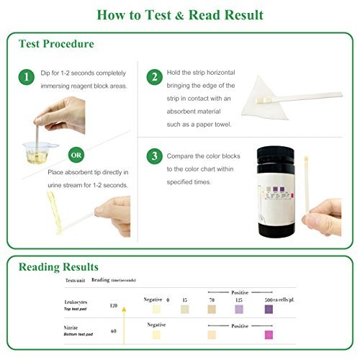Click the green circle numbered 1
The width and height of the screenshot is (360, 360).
[26, 77]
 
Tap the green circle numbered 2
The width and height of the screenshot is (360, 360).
[153, 77]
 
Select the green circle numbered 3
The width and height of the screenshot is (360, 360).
[153, 156]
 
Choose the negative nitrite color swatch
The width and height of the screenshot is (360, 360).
[156, 334]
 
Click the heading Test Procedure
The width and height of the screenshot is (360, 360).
[56, 44]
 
